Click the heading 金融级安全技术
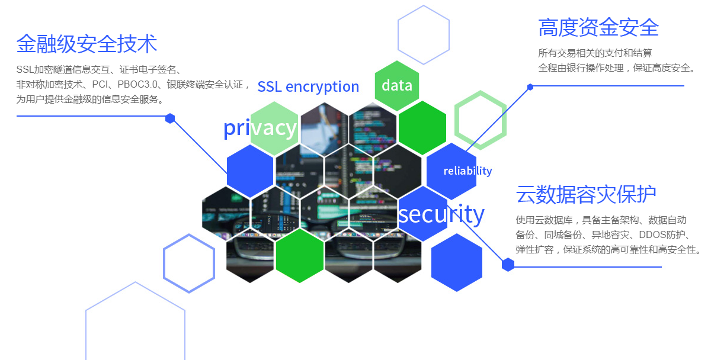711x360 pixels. tap(87, 43)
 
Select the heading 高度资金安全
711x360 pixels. tap(598, 27)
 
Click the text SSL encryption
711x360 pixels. tap(308, 86)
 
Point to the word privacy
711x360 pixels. tap(260, 127)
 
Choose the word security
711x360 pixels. tap(441, 214)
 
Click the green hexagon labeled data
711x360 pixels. tap(397, 85)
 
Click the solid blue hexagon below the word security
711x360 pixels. tap(456, 262)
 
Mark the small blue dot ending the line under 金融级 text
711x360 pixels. tap(170, 118)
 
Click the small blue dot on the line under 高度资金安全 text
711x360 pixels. tap(530, 87)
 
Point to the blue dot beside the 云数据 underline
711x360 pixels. tap(508, 265)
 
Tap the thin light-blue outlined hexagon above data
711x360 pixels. tap(423, 34)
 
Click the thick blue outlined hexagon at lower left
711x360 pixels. tap(189, 263)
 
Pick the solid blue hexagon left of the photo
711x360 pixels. tap(250, 172)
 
